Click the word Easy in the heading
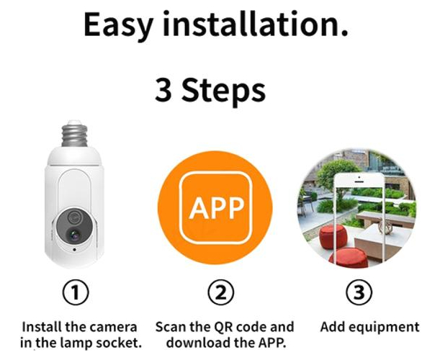118,25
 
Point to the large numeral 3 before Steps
163,90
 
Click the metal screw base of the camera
74,134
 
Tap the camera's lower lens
74,235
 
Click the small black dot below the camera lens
74,249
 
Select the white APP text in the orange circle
216,208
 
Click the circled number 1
75,292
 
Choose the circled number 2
221,292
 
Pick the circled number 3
359,292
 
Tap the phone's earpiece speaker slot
359,182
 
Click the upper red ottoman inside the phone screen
333,236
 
